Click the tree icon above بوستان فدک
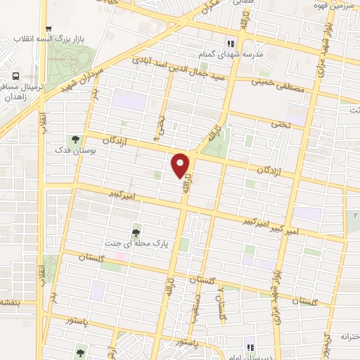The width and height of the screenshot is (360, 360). [74, 139]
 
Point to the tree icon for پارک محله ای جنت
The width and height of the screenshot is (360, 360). [136, 231]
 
